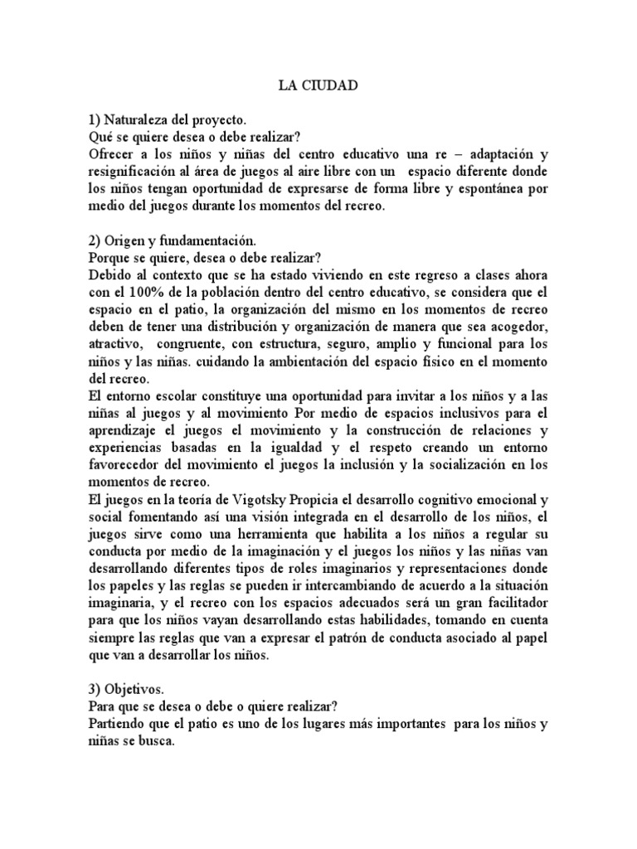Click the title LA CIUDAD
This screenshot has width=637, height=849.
pos(318,86)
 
